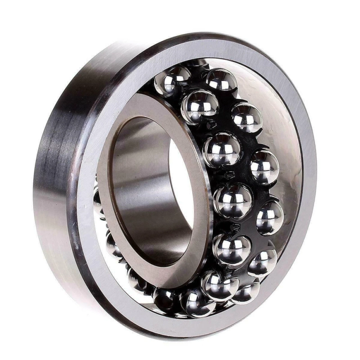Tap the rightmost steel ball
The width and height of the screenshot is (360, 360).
pyautogui.click(x=270, y=218)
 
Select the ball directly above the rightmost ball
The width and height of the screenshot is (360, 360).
pyautogui.click(x=265, y=167)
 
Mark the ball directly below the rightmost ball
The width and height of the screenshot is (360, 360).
pyautogui.click(x=262, y=261)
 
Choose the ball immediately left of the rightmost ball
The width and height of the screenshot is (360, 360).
pyautogui.click(x=233, y=200)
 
